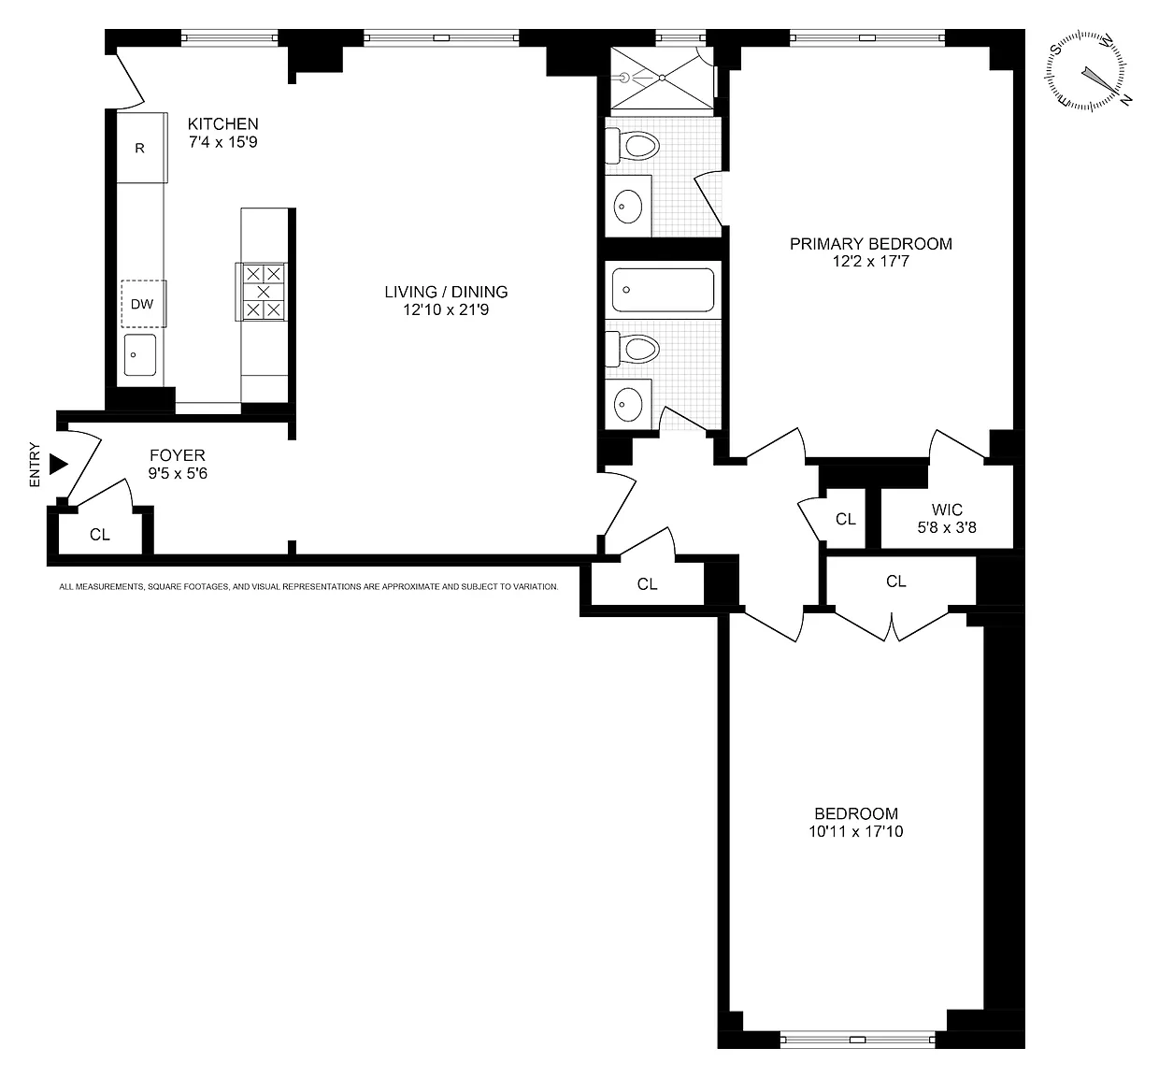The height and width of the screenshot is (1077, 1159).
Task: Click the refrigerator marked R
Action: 142,148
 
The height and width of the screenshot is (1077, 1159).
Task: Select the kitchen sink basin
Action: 140,355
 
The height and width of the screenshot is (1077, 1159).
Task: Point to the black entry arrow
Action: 59,464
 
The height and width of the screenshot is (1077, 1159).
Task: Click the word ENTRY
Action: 35,465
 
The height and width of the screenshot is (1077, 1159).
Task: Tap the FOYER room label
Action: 178,455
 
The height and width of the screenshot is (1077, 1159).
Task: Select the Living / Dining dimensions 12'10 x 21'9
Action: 446,310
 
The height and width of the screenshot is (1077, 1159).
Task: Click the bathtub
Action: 663,290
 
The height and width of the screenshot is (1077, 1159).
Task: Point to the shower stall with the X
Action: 662,78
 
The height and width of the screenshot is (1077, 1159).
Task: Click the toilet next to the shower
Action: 633,145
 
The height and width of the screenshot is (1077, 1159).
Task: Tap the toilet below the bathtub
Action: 633,349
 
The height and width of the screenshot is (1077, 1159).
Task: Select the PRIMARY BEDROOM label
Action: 871,244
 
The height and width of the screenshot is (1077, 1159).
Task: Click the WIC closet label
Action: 947,510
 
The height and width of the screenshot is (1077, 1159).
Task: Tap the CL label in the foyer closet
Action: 100,535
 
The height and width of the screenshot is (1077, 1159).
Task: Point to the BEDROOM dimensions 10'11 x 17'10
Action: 856,831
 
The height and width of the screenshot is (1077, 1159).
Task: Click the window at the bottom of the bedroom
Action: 858,1040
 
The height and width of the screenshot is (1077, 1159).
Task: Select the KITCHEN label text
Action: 223,123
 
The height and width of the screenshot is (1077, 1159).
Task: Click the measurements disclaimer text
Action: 308,587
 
